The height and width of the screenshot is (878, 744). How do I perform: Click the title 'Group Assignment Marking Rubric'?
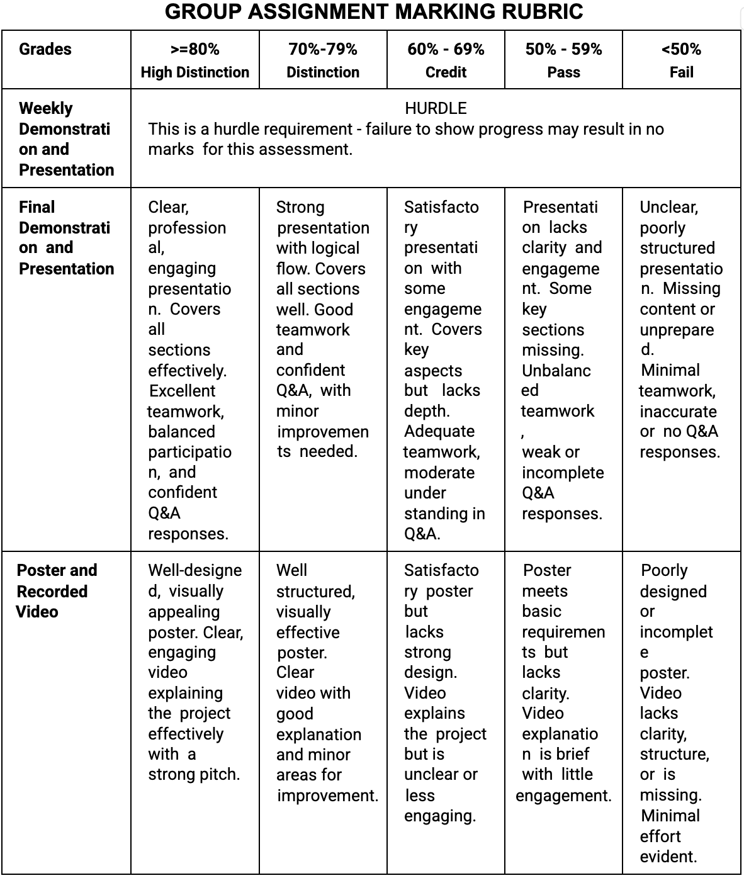click(374, 12)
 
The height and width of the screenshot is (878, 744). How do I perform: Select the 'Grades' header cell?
click(45, 49)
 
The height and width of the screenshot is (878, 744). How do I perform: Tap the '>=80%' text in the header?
click(194, 49)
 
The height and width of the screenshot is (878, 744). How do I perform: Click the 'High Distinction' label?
click(194, 72)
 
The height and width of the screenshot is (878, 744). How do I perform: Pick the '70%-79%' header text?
click(322, 49)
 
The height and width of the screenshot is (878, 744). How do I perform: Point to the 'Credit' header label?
click(446, 72)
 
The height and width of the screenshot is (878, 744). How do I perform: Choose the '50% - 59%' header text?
click(563, 49)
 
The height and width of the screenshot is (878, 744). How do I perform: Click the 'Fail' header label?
click(681, 72)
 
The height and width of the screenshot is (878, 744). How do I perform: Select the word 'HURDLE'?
click(436, 108)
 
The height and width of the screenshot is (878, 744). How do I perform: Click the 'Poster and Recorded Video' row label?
click(57, 590)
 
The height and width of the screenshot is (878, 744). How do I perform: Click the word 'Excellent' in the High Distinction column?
click(182, 391)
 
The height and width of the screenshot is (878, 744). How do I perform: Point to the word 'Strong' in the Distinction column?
click(300, 207)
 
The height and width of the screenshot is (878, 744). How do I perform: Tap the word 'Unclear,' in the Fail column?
click(668, 207)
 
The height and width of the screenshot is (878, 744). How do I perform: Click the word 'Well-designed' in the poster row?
click(194, 571)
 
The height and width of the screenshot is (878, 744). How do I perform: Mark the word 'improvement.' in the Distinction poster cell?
click(327, 796)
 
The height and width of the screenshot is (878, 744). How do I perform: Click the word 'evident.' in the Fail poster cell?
click(668, 857)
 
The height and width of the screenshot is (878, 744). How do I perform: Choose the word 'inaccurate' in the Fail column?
click(678, 412)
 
